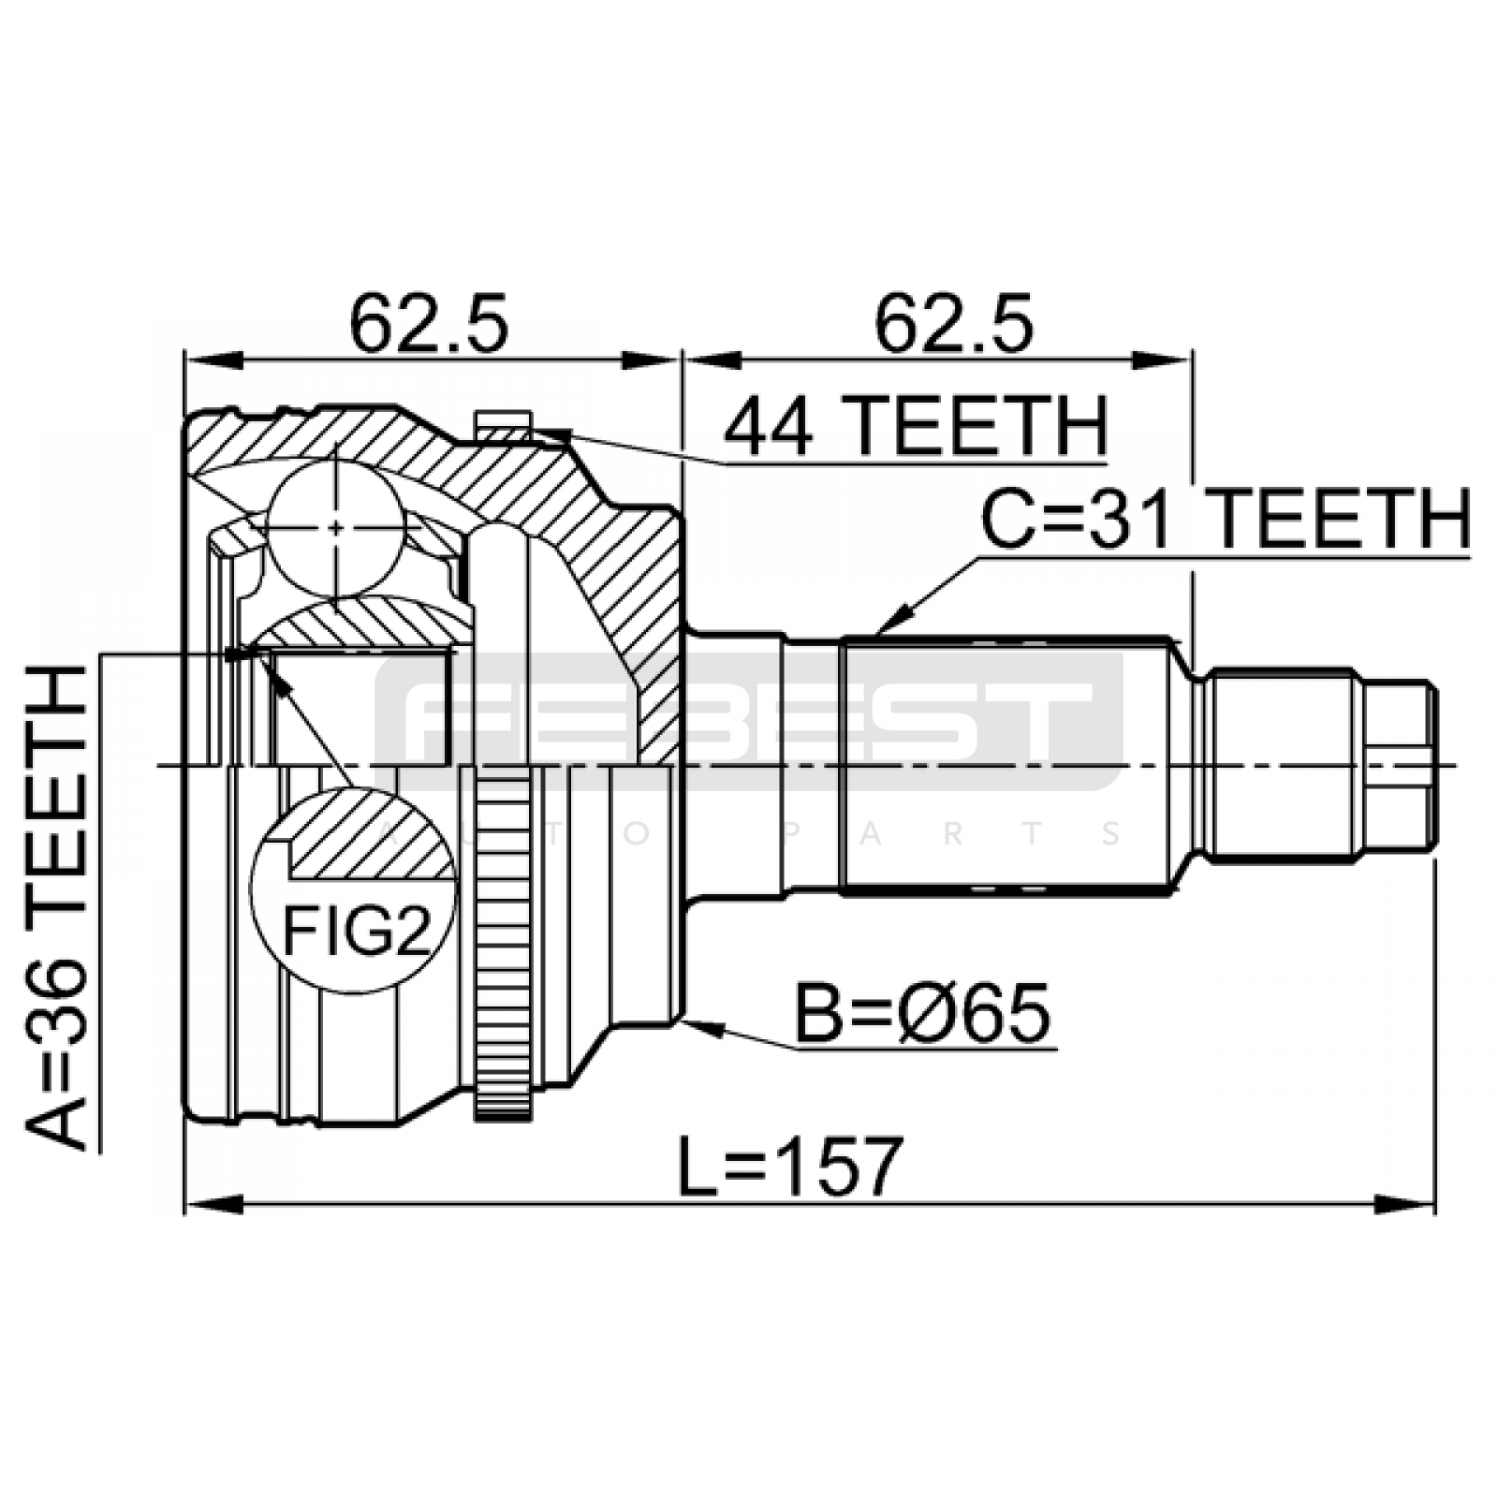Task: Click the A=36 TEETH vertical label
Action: [57, 906]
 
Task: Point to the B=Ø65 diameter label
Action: [923, 1013]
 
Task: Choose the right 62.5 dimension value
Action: [954, 323]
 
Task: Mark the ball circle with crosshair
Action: [335, 527]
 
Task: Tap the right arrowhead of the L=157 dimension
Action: [1407, 1204]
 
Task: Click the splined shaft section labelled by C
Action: [1006, 766]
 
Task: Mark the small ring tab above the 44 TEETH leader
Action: [503, 425]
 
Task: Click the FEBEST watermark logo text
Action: [749, 721]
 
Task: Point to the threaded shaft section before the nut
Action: [1283, 766]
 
